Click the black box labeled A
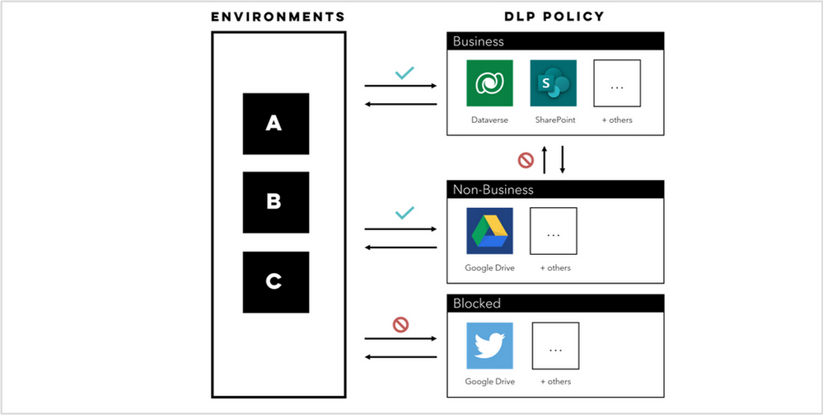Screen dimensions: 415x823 [x=275, y=124]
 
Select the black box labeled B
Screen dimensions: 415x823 [x=275, y=202]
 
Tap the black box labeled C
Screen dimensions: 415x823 [x=275, y=281]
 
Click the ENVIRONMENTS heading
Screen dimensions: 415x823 [x=278, y=17]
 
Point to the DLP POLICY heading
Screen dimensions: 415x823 [x=554, y=17]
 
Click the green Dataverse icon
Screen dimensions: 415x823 [x=489, y=83]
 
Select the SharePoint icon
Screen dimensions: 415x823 [x=554, y=83]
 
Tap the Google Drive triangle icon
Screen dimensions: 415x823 [x=489, y=231]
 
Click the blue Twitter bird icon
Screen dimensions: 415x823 [x=489, y=346]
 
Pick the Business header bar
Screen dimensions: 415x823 [x=554, y=41]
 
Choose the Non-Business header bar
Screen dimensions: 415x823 [x=554, y=189]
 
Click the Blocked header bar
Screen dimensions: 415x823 [x=554, y=304]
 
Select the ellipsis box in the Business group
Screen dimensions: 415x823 [x=617, y=83]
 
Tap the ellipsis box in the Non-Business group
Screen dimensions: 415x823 [x=554, y=231]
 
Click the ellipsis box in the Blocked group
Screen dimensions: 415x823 [x=555, y=346]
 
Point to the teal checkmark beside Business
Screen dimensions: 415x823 [x=404, y=73]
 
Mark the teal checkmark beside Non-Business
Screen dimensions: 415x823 [x=404, y=213]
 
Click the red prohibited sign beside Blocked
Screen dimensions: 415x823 [x=401, y=324]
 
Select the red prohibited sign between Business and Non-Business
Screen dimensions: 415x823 [x=524, y=159]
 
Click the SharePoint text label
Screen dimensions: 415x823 [x=554, y=120]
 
